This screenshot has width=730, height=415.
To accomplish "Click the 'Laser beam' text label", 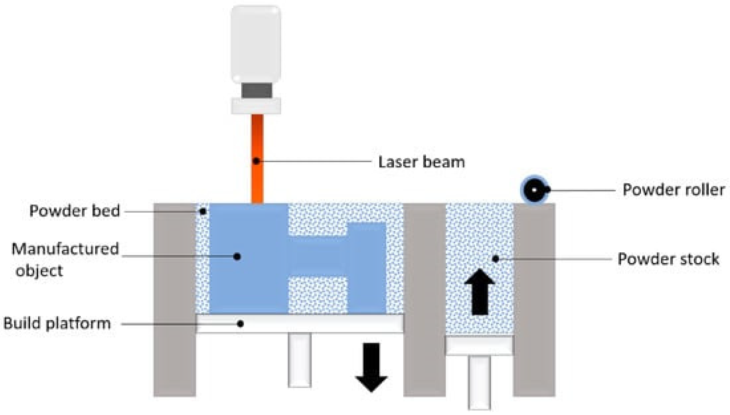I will [x=421, y=162].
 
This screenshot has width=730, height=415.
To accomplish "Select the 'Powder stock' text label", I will [x=668, y=259].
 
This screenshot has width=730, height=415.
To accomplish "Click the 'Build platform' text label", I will [x=57, y=323].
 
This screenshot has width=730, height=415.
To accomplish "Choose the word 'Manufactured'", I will [x=65, y=249].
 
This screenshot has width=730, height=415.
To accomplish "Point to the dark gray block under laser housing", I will [x=256, y=90].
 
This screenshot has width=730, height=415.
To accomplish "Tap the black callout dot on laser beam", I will [x=256, y=161].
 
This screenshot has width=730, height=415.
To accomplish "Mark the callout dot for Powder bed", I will [x=203, y=211].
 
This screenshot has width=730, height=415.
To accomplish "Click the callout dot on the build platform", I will [x=240, y=324].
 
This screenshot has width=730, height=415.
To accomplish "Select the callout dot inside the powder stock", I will [x=496, y=259].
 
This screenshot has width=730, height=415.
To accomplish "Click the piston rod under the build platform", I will [x=299, y=360].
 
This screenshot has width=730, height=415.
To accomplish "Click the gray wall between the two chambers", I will [x=424, y=299].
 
